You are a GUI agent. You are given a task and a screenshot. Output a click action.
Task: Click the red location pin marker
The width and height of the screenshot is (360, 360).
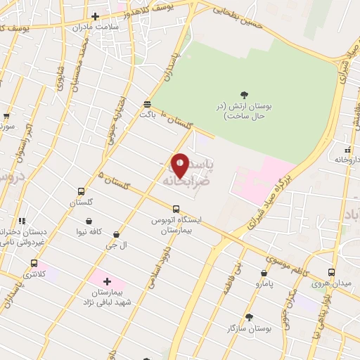point(180,165)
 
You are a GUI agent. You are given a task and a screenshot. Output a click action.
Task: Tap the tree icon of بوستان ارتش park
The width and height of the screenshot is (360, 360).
point(244,95)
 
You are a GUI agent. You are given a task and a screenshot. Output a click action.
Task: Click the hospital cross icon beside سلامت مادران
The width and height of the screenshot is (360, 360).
point(95,15)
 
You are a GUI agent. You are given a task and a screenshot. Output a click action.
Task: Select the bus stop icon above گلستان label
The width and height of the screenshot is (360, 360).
point(82,191)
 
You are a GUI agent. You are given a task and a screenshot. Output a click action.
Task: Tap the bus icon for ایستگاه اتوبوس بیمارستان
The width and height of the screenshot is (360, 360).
point(176,209)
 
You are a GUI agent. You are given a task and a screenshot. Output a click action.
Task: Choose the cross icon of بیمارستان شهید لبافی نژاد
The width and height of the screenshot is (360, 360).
point(107,281)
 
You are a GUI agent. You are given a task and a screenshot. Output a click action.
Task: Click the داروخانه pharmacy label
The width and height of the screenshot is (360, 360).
point(347,160)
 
